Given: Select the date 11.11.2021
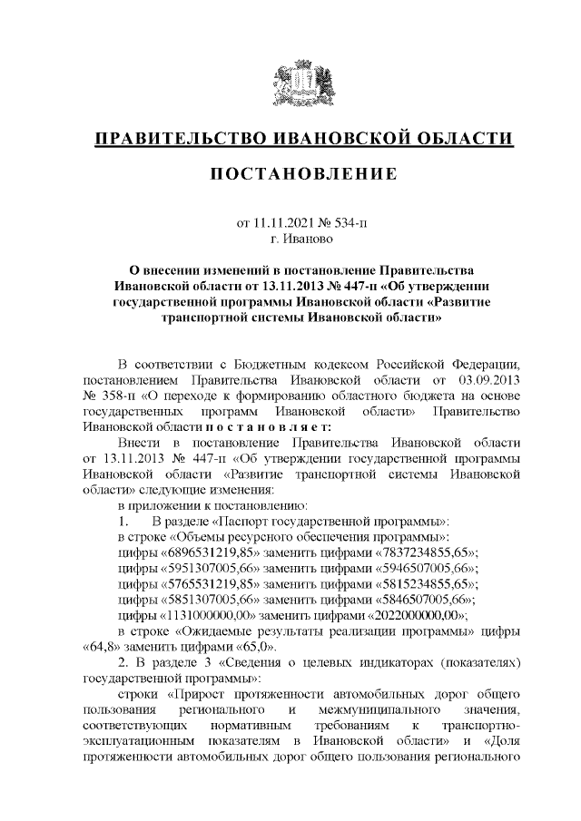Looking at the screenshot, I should coord(282,222).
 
